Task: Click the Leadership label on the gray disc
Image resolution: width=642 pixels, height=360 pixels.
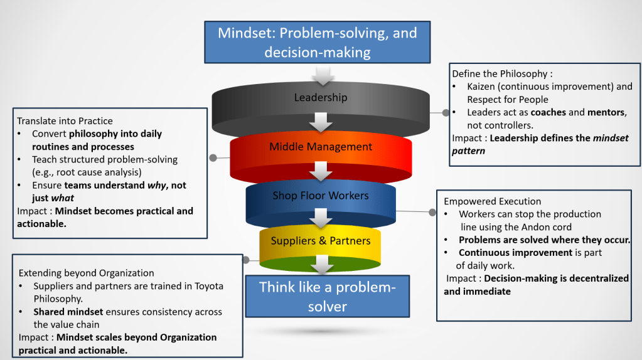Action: (x=321, y=97)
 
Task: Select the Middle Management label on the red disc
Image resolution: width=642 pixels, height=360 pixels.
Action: (x=321, y=147)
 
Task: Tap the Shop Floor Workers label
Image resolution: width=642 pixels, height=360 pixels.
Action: (x=321, y=196)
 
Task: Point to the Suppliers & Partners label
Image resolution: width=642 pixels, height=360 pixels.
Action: (x=321, y=241)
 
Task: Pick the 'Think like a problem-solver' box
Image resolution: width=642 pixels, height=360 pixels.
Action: (x=327, y=296)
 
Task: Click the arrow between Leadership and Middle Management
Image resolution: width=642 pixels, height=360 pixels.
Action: (x=321, y=122)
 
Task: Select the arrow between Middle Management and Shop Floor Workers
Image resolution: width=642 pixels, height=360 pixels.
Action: (x=321, y=170)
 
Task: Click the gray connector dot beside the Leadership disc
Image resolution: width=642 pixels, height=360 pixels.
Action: (x=446, y=113)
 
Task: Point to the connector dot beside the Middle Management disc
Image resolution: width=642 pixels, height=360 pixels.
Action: (x=213, y=157)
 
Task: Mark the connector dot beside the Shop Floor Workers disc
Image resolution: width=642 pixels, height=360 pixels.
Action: (x=432, y=213)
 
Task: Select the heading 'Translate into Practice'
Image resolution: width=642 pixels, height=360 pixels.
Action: (x=65, y=120)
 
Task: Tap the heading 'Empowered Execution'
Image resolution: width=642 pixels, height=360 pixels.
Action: (x=492, y=201)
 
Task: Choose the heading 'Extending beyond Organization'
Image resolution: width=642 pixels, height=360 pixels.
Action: (x=87, y=273)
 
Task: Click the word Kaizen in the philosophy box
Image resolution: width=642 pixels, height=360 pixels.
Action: (x=481, y=87)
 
